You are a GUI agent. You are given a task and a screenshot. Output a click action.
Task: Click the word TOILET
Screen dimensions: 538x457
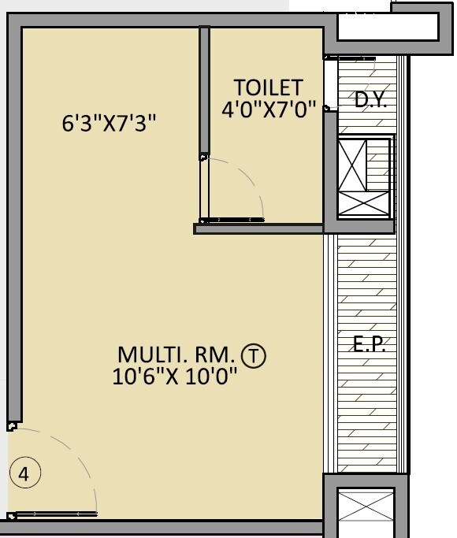(268, 87)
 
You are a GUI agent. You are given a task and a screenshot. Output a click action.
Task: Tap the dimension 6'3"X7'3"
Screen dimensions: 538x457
(110, 124)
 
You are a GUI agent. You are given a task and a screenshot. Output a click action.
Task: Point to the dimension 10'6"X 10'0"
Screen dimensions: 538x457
(175, 377)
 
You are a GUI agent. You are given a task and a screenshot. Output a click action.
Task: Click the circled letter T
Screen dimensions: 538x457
(255, 355)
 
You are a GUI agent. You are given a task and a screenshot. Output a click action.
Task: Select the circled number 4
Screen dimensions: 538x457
(24, 474)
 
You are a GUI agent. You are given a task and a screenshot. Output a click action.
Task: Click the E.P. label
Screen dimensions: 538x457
(369, 345)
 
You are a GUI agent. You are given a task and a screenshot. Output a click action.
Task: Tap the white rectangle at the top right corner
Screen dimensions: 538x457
(388, 26)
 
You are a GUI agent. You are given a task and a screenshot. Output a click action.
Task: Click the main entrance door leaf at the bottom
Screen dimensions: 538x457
(55, 514)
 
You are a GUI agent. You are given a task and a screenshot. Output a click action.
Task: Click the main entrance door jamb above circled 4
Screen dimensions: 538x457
(11, 426)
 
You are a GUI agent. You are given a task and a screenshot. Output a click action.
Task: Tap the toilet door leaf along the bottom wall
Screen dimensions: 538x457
(232, 221)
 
